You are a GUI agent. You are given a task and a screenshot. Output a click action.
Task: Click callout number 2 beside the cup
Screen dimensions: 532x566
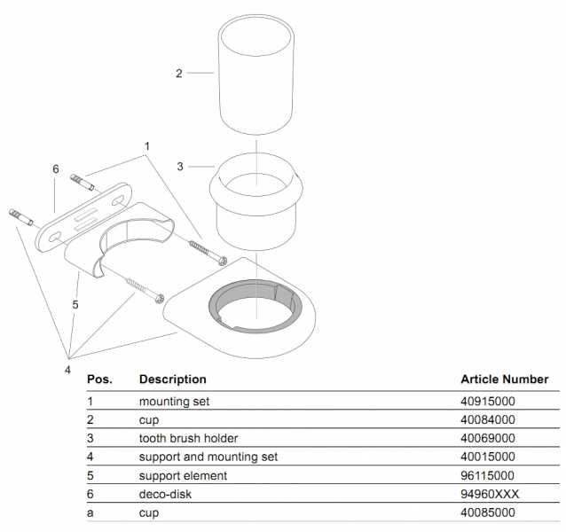[x=178, y=74]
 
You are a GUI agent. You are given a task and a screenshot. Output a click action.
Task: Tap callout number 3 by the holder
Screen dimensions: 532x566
[x=180, y=166]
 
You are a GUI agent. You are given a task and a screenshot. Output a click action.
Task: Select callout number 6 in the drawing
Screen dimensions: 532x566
[x=55, y=168]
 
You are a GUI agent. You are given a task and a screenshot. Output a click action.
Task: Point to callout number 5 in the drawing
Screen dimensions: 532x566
[x=75, y=304]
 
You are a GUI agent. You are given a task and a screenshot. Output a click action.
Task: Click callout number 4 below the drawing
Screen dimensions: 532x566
[x=67, y=370]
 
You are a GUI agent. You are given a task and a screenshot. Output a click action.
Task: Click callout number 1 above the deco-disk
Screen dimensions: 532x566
[x=147, y=145]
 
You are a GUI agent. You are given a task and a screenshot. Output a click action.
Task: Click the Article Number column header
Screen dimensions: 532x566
[x=504, y=379]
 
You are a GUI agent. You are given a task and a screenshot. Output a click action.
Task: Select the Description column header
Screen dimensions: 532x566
[x=172, y=379]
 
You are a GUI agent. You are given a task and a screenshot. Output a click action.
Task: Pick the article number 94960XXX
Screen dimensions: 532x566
[x=487, y=494]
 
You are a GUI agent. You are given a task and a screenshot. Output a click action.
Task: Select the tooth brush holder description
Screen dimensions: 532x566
[x=188, y=438]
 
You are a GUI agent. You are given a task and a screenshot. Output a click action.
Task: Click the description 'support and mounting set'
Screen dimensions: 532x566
[x=208, y=457]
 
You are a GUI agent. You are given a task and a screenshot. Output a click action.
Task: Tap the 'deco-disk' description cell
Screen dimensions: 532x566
[x=165, y=494]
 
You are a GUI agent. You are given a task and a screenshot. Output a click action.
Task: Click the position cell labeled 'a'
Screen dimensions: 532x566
[x=90, y=512]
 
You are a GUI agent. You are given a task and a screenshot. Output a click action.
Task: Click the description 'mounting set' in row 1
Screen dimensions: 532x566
[x=174, y=401]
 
